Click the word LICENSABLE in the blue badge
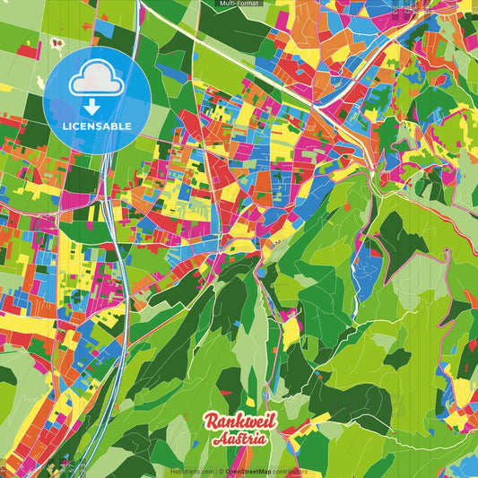[x=97, y=126]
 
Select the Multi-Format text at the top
[x=239, y=4]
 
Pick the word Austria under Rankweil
[x=239, y=439]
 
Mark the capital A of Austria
[x=218, y=439]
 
